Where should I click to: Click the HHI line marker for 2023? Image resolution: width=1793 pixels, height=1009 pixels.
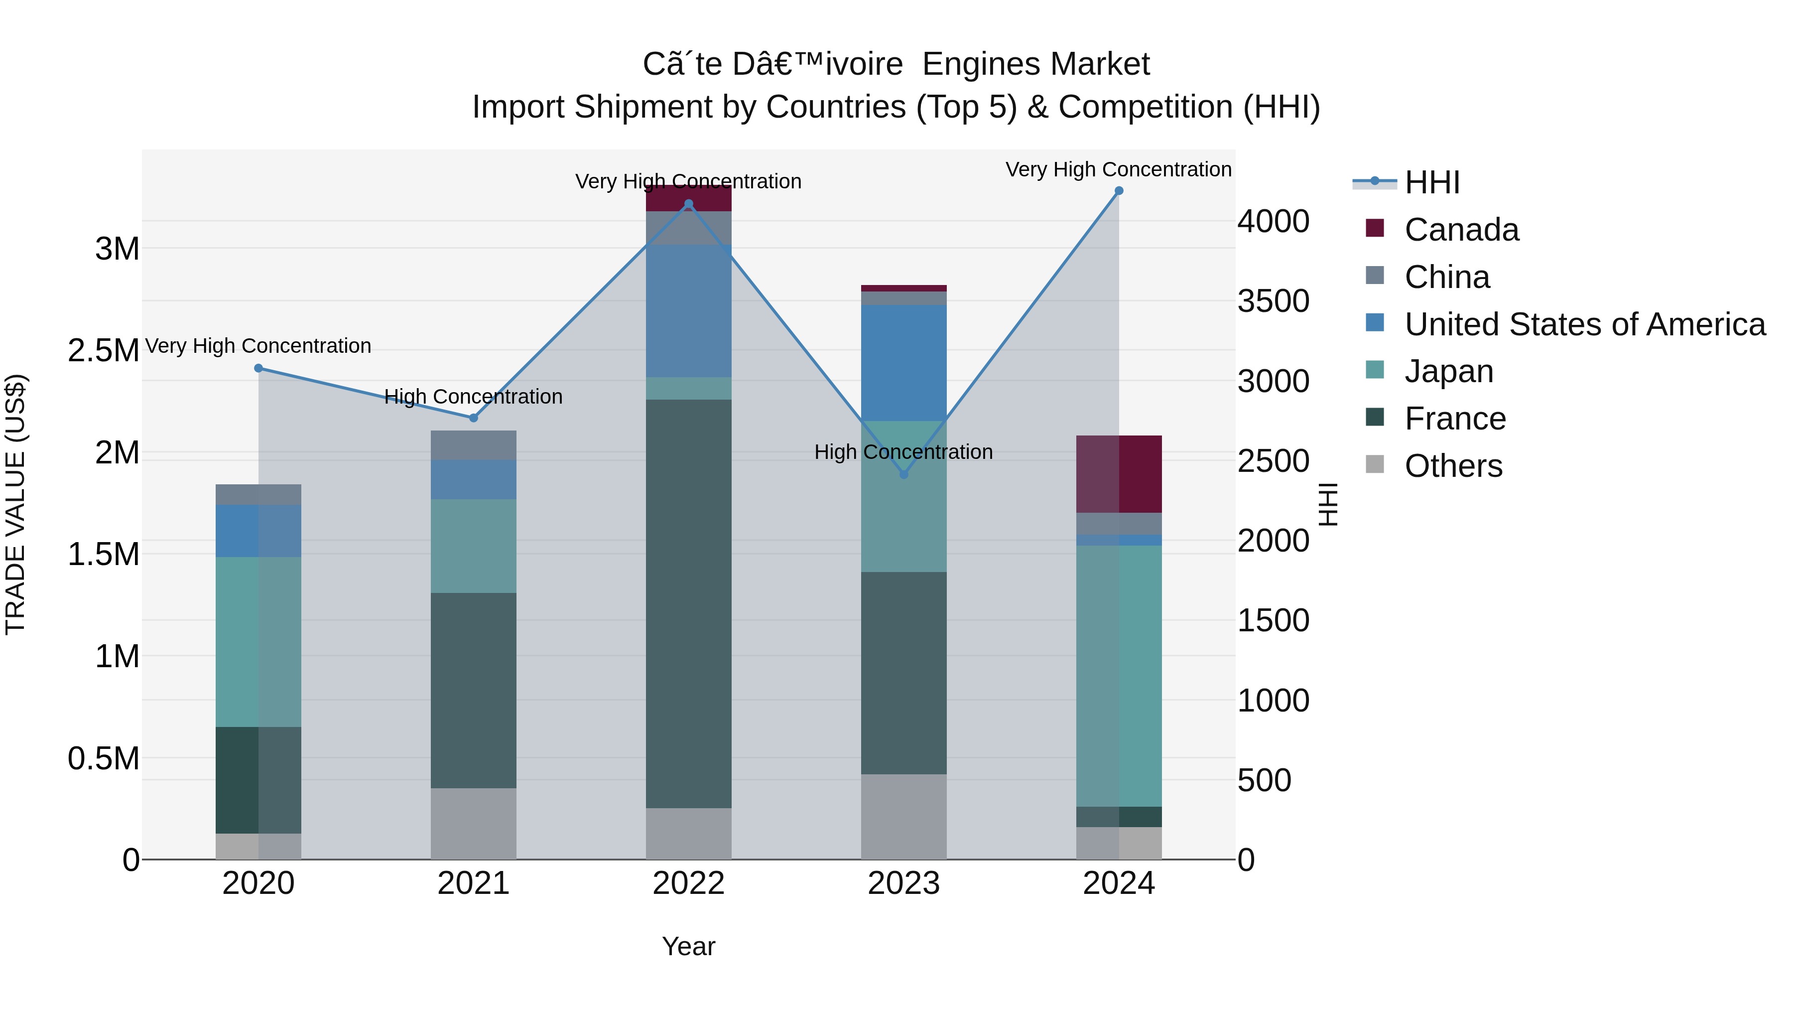point(903,474)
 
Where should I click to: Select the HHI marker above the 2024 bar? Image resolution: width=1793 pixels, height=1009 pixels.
point(1119,191)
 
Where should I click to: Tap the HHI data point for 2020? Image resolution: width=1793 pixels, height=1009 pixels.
point(258,368)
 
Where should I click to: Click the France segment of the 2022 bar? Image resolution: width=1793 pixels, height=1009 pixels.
point(688,603)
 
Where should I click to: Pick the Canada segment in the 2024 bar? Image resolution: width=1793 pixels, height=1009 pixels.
point(1119,474)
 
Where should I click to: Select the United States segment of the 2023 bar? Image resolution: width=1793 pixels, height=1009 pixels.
point(903,363)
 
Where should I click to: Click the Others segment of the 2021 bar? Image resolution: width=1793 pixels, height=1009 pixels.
point(473,823)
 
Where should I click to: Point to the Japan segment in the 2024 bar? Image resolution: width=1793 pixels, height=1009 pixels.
point(1119,676)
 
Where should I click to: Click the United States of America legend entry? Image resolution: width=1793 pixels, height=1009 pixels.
point(1584,324)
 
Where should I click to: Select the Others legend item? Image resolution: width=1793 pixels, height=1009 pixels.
point(1453,466)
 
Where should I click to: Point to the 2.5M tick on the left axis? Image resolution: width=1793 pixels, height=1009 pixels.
point(104,350)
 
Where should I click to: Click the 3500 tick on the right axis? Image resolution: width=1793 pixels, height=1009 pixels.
point(1273,301)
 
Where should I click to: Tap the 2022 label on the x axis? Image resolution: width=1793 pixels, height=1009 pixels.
point(688,883)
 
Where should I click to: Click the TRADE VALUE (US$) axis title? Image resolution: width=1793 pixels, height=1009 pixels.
point(15,504)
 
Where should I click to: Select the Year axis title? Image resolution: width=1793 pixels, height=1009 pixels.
point(688,946)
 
